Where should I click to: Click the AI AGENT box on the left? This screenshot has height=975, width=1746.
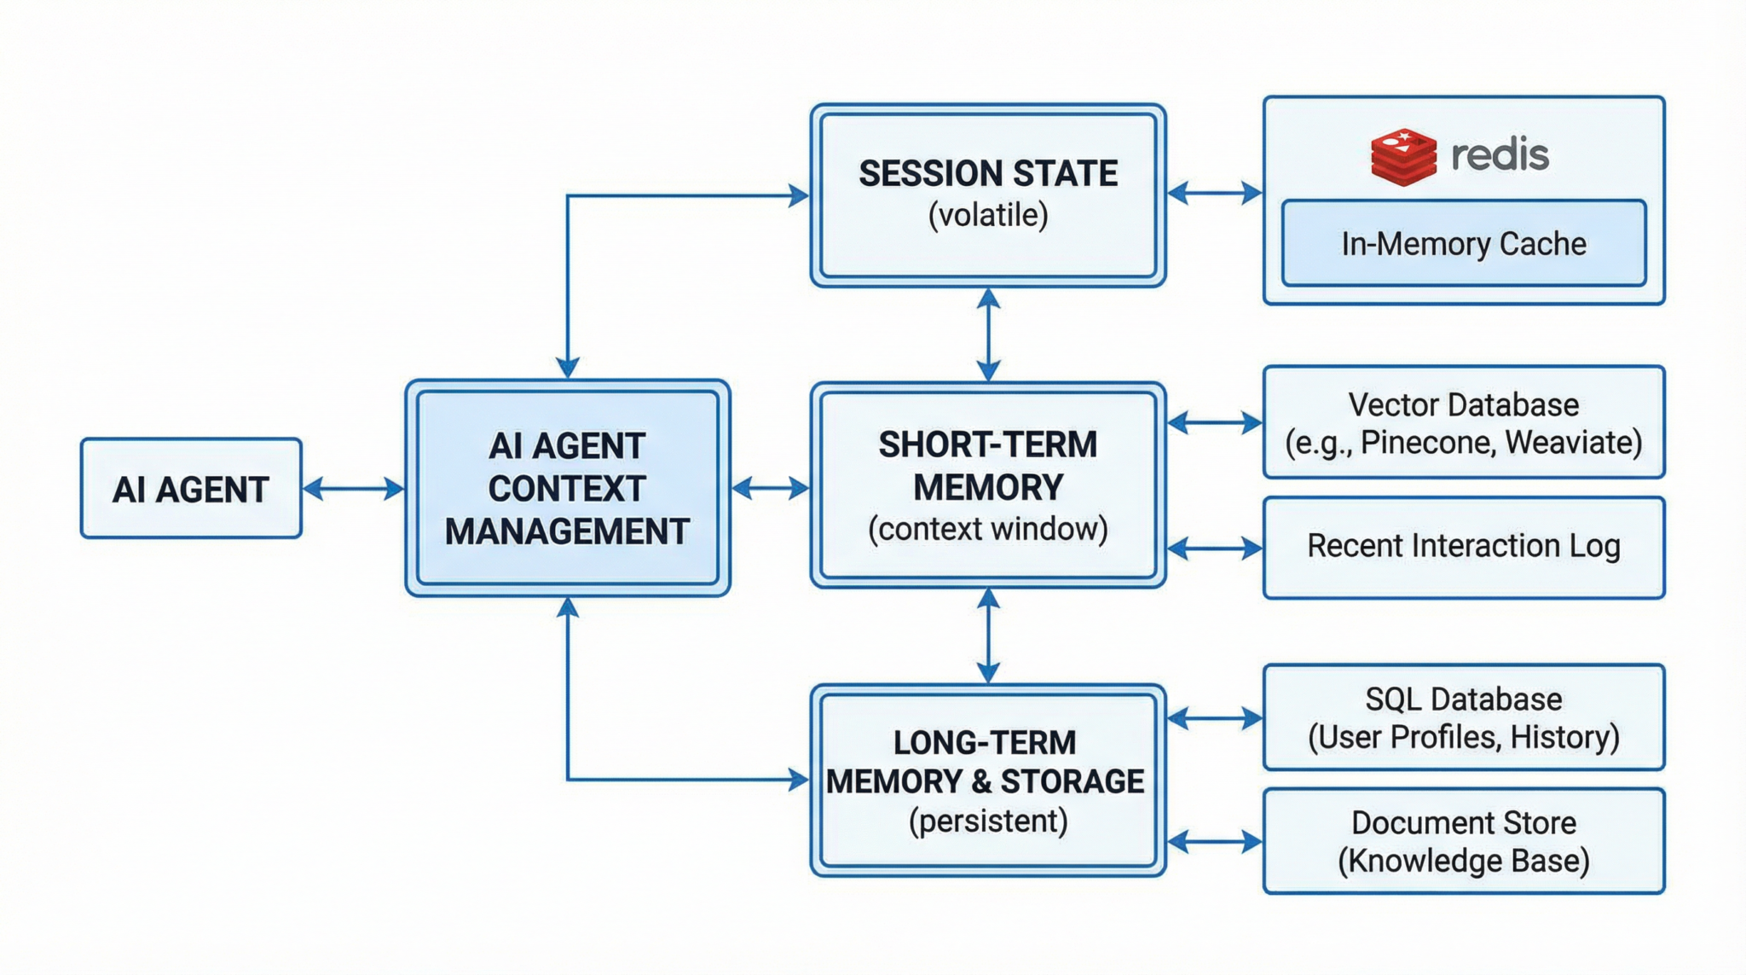(191, 489)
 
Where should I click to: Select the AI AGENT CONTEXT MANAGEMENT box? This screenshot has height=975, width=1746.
(567, 488)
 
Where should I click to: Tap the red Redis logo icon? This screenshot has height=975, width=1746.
(1402, 157)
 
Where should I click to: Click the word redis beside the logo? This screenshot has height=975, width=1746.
(1500, 155)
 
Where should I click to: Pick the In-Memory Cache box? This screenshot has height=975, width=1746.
(1463, 244)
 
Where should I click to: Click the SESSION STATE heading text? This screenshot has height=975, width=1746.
(987, 174)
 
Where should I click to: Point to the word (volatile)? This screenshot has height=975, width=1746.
(987, 215)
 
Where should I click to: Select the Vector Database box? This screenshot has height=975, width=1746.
(1463, 422)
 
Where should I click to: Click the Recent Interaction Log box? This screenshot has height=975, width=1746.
(1463, 547)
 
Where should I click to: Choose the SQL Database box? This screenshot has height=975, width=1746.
(1463, 717)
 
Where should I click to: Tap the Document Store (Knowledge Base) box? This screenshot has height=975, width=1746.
(1463, 841)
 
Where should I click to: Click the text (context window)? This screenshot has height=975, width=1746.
(987, 529)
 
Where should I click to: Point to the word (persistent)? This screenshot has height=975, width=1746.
(987, 821)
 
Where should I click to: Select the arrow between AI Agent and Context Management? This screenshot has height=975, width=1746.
(353, 489)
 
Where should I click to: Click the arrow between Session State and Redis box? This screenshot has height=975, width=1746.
(1214, 193)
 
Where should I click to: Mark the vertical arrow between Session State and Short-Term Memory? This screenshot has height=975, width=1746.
(988, 334)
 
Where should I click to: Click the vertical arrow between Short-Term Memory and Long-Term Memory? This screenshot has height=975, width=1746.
(988, 635)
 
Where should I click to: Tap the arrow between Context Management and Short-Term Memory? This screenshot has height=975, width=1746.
(770, 488)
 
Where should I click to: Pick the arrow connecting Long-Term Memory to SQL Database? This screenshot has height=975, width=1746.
(1214, 718)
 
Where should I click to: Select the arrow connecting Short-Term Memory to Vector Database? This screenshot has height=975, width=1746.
(1214, 422)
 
